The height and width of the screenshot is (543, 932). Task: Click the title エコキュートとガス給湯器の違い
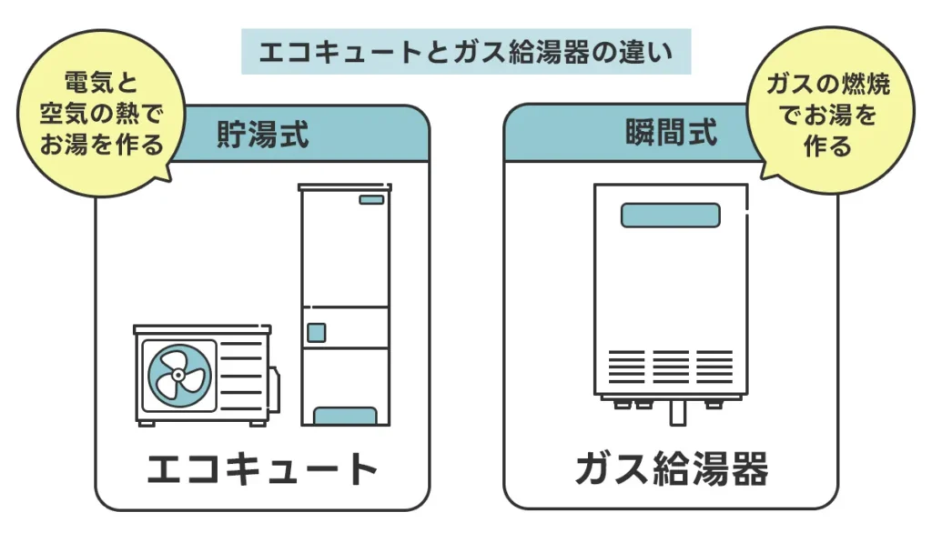coord(465,52)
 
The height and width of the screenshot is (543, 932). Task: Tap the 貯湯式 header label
coord(262,135)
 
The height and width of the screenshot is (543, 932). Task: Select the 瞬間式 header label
coord(672,133)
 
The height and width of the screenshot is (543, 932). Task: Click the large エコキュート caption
coord(262,469)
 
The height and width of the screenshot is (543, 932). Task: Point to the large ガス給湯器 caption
coord(672,469)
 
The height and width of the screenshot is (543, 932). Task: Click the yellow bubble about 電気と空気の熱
coord(100,115)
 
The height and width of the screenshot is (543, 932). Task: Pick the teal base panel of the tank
coord(345,417)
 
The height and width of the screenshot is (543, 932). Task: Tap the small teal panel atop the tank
coord(371,199)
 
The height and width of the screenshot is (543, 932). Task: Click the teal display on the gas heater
coord(670,216)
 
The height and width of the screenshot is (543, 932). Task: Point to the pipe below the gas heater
coord(675,414)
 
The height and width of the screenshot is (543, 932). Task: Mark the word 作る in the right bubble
coord(827,146)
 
